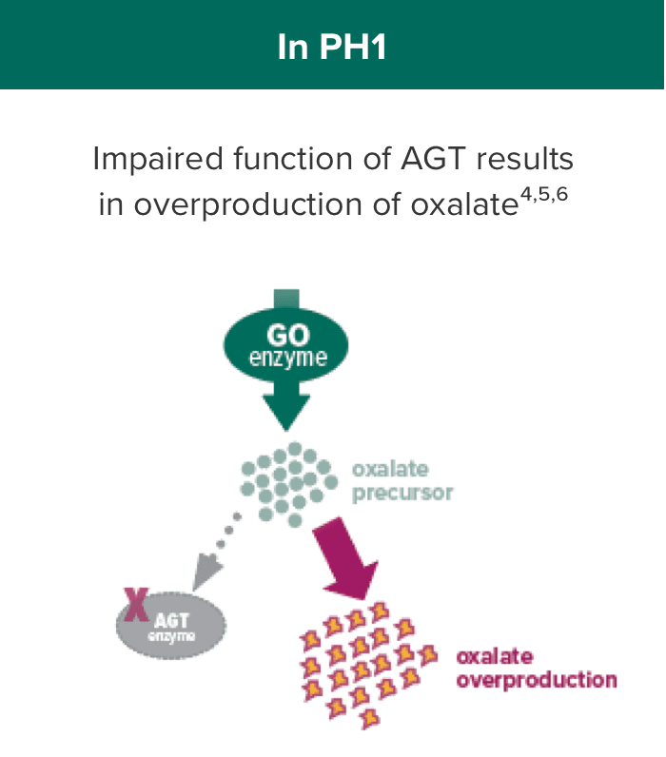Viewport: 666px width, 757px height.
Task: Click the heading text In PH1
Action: (x=332, y=47)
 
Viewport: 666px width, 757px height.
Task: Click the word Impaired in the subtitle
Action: (x=158, y=160)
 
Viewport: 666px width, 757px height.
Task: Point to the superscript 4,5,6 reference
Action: (x=544, y=195)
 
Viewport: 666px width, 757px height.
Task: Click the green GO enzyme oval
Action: (x=286, y=344)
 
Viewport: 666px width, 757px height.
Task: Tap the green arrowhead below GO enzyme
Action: (x=286, y=411)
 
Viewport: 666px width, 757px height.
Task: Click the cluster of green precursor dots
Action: (x=290, y=484)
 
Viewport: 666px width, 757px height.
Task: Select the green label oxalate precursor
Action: (x=402, y=481)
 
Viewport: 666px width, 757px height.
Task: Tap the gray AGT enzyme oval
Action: (x=171, y=626)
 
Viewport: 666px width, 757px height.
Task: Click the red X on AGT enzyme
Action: (x=136, y=605)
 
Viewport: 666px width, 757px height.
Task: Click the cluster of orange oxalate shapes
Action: (x=368, y=665)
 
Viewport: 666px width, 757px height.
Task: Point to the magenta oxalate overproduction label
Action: (x=537, y=669)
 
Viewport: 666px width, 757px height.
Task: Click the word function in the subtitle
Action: (x=293, y=159)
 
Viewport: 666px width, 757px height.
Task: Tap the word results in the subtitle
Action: (x=525, y=159)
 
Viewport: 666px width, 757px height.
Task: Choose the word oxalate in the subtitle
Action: (x=464, y=204)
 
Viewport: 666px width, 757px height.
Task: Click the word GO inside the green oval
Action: (x=288, y=335)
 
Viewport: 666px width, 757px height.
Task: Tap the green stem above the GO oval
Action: (x=286, y=300)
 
